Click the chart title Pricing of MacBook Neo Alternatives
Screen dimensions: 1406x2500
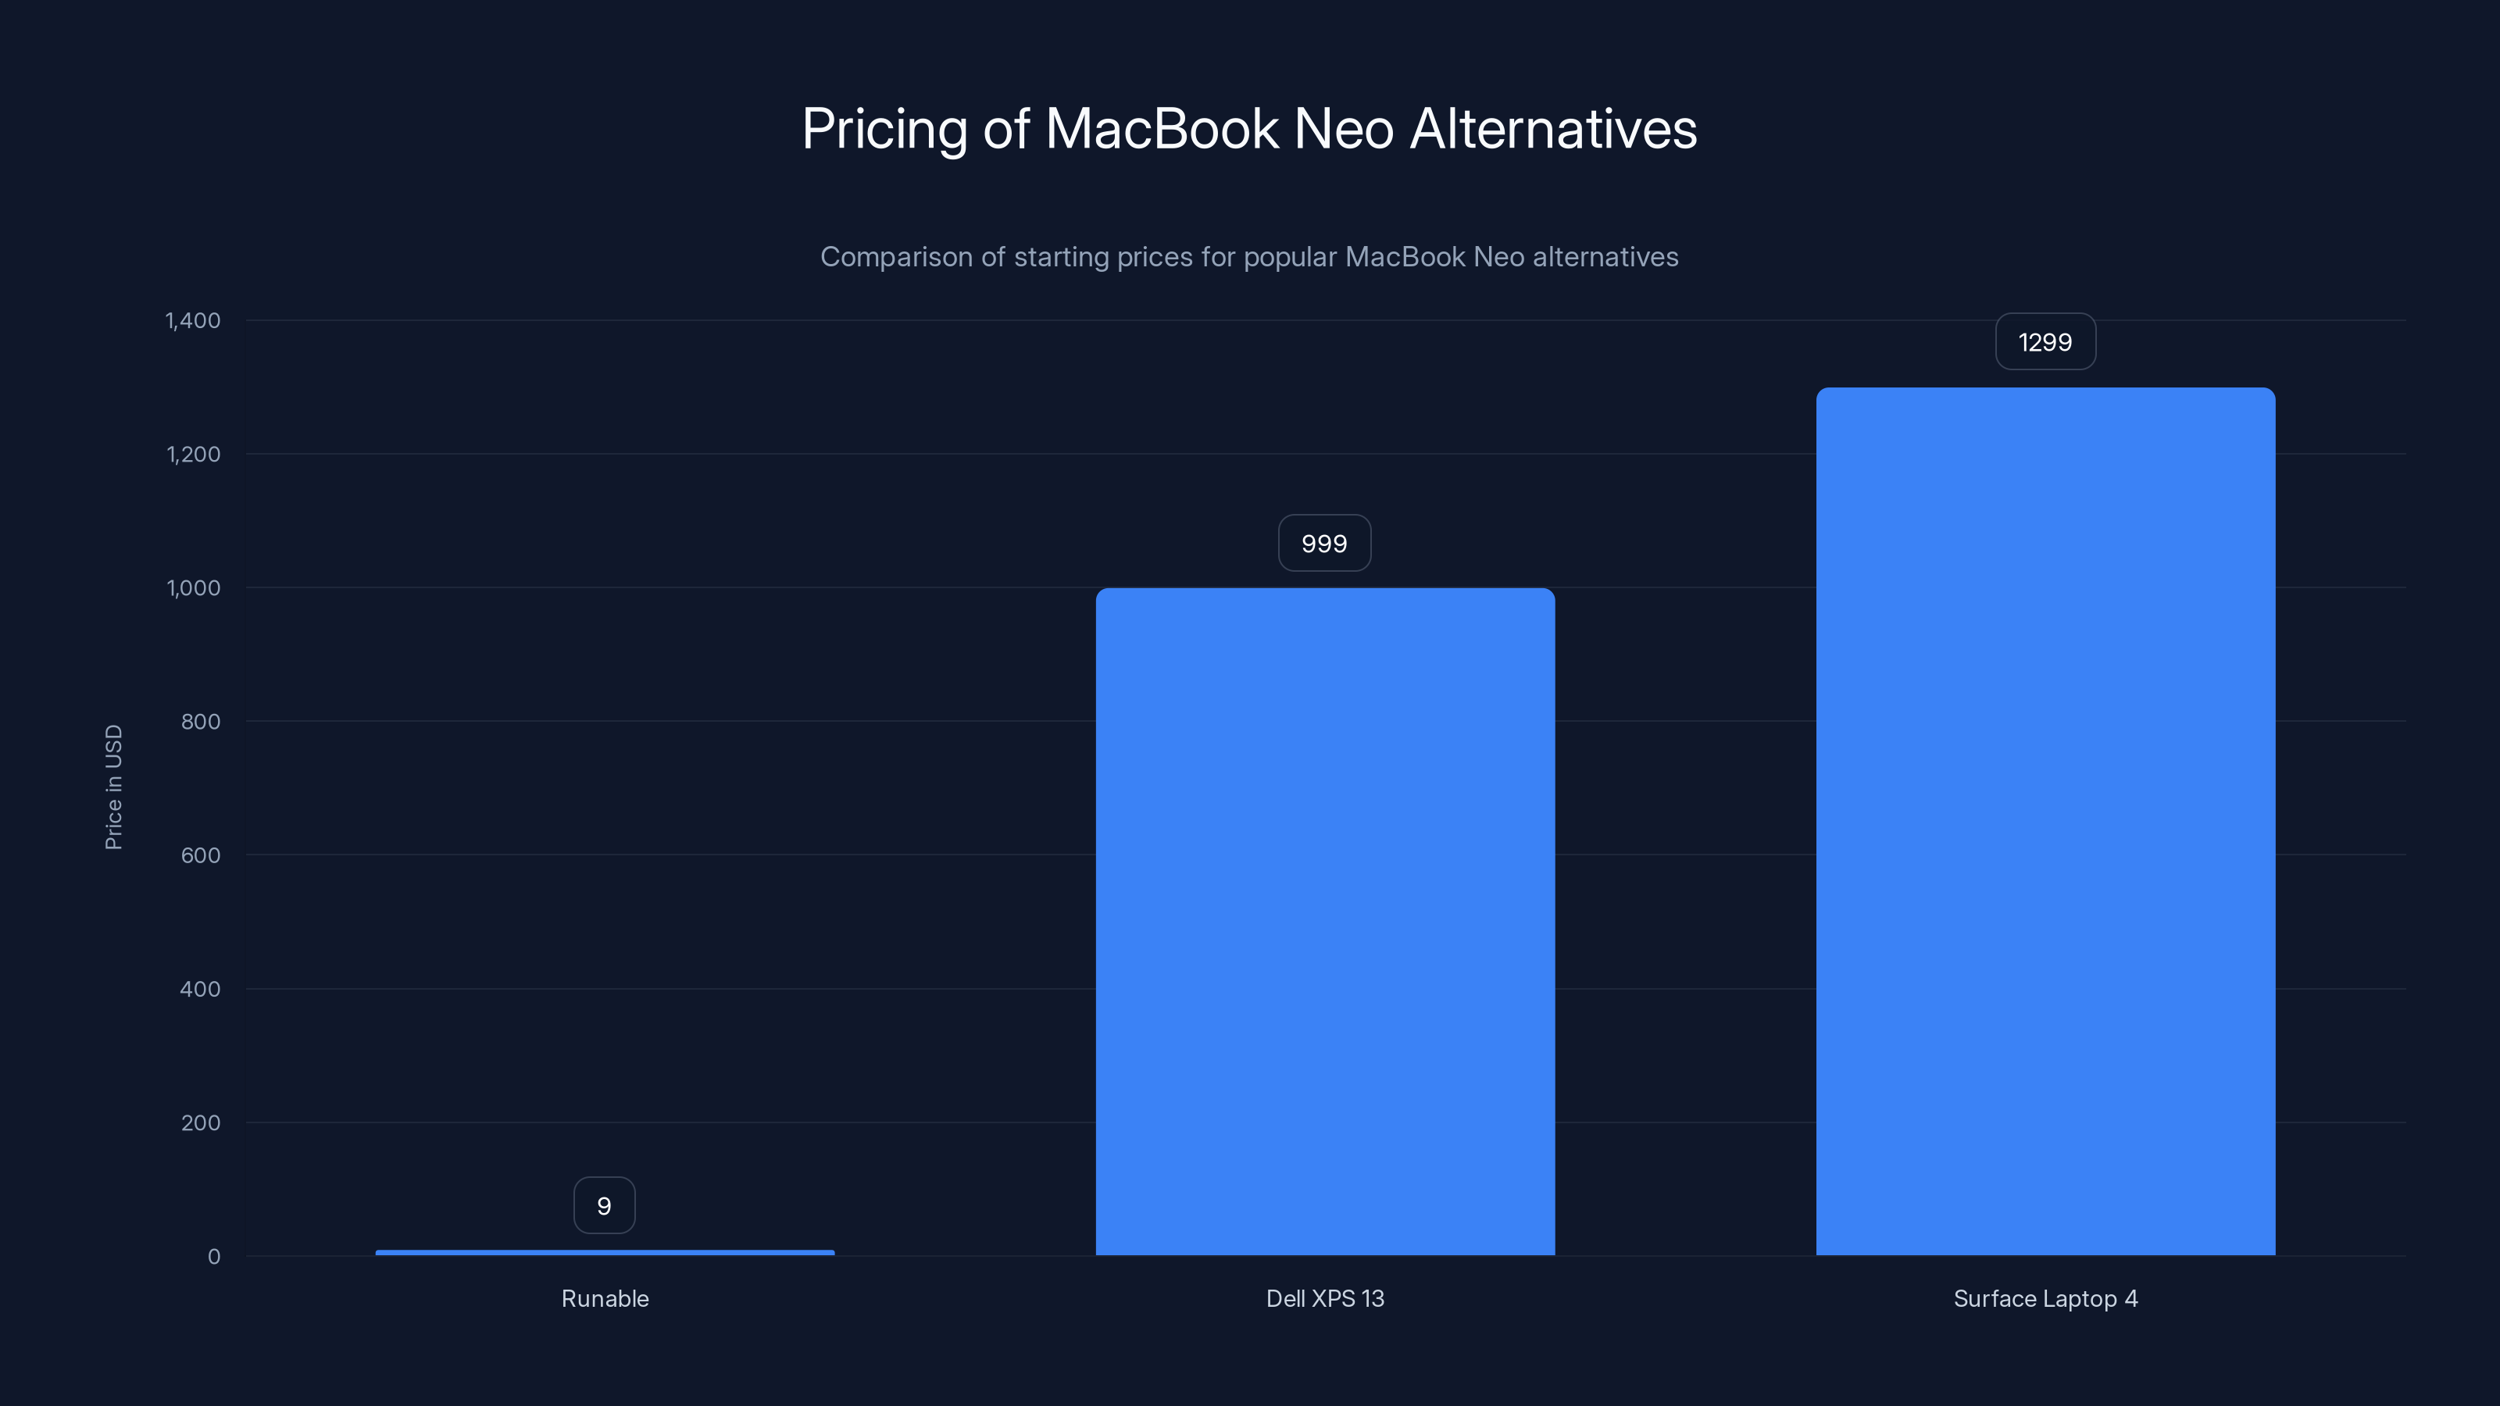point(1249,129)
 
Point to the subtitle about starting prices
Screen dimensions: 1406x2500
point(1249,257)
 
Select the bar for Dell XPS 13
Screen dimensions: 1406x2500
point(1325,922)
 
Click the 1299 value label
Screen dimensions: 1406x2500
point(2045,343)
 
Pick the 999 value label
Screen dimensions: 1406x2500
point(1323,544)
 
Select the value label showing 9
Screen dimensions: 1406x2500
point(604,1206)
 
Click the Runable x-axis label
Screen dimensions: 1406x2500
point(605,1299)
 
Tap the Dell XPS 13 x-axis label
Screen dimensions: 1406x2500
point(1325,1299)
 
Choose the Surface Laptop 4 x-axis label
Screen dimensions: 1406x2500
point(2045,1299)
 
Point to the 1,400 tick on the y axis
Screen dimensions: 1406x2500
point(193,321)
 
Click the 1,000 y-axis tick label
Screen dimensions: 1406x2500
point(193,589)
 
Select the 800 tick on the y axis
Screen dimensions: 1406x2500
point(200,722)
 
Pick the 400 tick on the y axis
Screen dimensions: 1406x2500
point(200,990)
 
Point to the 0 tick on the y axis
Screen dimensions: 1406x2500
point(213,1258)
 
